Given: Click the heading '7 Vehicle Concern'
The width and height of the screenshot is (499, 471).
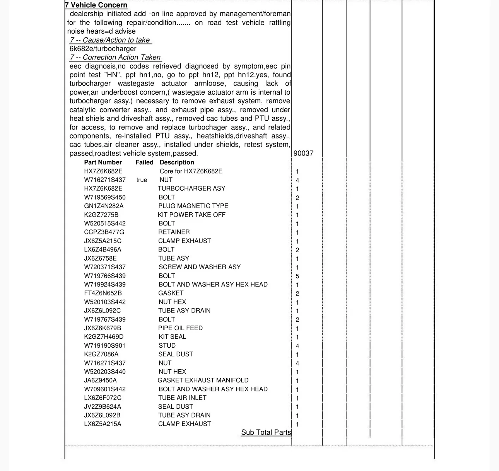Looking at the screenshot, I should [96, 5].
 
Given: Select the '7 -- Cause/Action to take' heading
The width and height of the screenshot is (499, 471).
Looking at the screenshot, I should [110, 40].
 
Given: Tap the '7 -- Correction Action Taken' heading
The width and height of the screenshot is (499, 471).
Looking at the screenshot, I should [115, 58].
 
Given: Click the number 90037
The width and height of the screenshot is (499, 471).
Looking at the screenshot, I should [304, 154].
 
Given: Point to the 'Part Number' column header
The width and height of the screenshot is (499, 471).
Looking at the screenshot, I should [103, 162].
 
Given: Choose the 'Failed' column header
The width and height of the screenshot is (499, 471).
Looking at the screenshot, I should [144, 162].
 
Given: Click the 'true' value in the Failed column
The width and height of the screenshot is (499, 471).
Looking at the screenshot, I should [142, 180].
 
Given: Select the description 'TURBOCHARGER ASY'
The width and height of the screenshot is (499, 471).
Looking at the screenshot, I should [191, 188].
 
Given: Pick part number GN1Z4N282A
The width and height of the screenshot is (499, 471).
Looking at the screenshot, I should [104, 206].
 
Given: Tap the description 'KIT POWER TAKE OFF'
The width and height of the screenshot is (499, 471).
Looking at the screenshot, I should [191, 215].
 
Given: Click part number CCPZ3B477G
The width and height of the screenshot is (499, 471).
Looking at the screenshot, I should [104, 232].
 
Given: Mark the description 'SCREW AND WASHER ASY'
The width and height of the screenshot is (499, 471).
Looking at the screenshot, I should [200, 267].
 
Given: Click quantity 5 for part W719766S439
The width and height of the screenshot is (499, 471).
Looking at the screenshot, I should [297, 276].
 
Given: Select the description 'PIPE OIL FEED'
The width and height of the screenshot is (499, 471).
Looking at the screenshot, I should [180, 328].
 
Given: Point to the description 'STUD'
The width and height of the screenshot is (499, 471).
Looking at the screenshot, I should [167, 346].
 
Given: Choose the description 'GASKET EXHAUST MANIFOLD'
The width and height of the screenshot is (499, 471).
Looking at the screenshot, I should [203, 381].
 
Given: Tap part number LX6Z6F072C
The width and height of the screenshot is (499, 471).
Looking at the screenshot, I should [103, 398].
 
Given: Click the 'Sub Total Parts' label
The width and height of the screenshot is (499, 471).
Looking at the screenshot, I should [266, 433].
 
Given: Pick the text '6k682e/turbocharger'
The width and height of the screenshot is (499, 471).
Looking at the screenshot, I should [103, 49].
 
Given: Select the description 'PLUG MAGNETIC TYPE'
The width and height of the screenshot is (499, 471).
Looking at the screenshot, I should [193, 206].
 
